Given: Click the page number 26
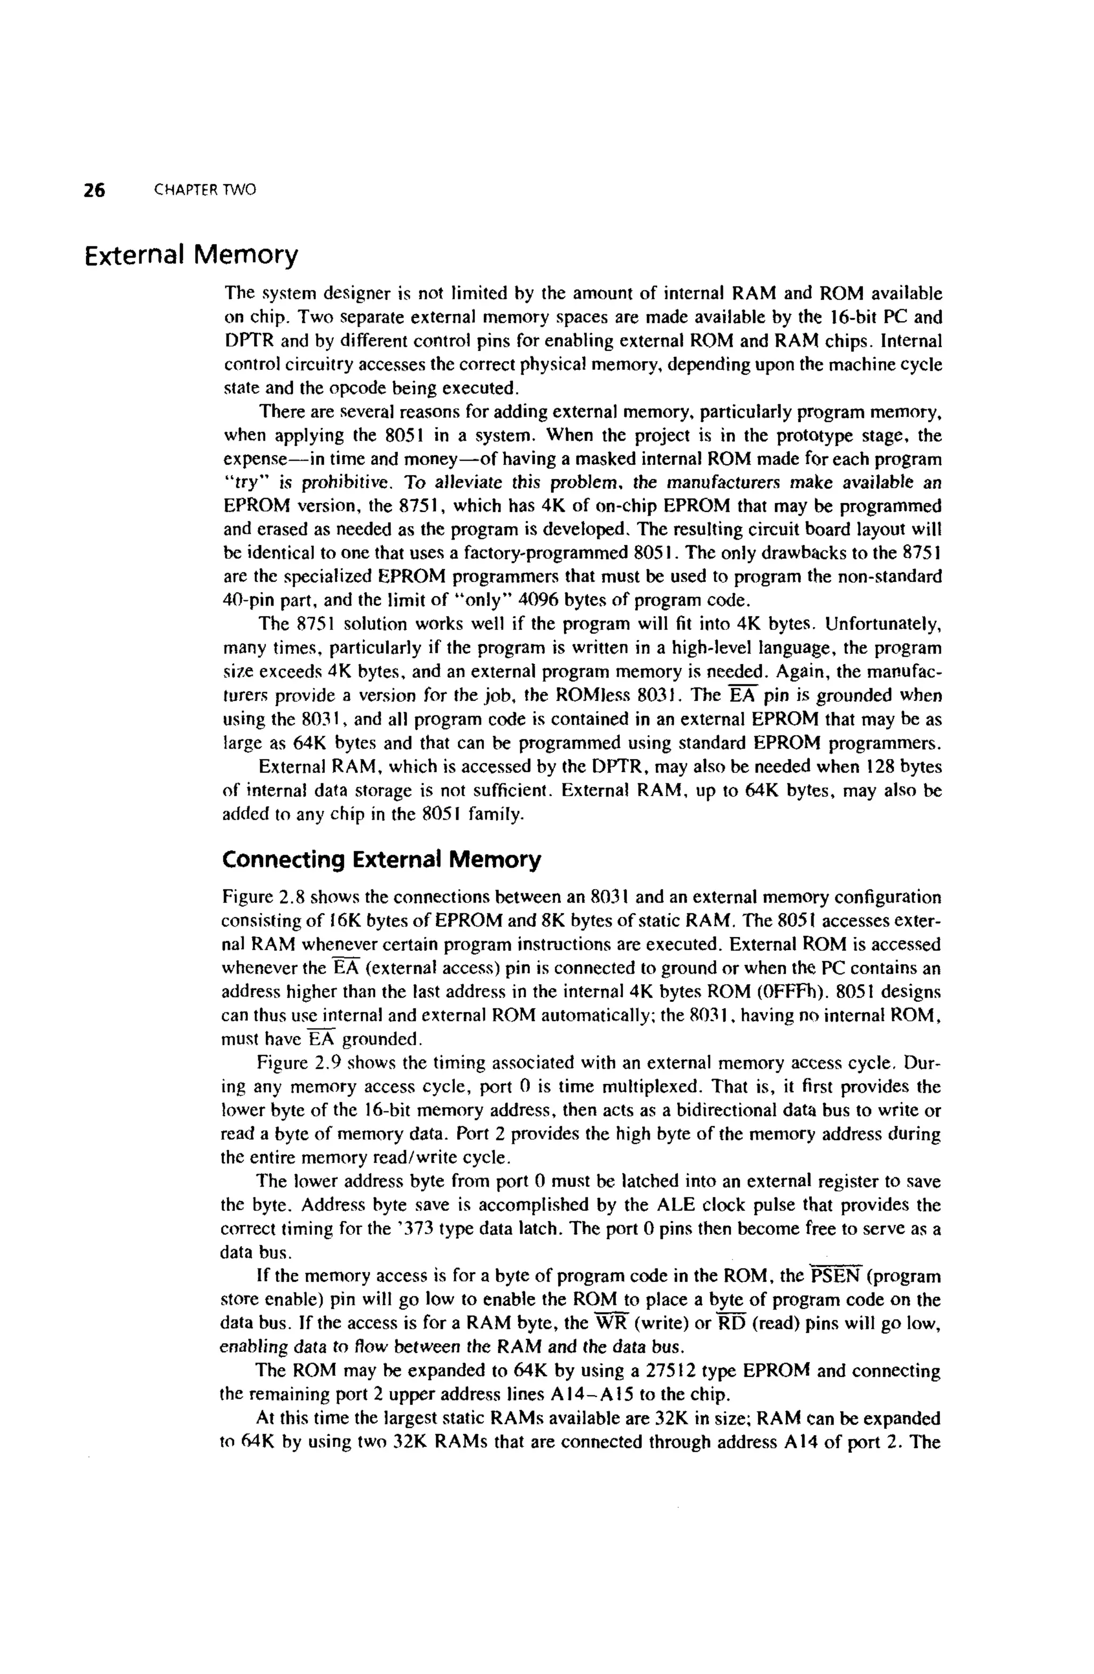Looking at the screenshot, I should coord(94,190).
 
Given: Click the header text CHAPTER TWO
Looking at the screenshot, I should coord(205,190).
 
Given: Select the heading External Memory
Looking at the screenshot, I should coord(191,255).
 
